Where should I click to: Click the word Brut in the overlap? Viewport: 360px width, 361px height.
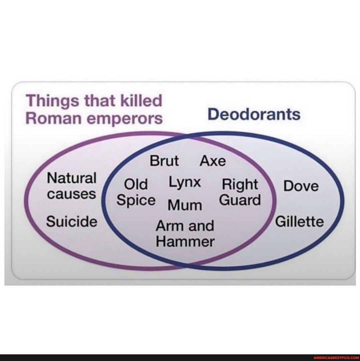pos(164,161)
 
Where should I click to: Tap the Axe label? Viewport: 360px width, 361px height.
pos(213,161)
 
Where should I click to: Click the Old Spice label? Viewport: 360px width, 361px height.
pos(136,192)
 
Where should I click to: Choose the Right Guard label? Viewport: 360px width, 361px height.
pos(241,192)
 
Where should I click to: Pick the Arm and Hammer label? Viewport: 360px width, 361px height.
pos(185,233)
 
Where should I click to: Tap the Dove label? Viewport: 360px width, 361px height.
pos(301,186)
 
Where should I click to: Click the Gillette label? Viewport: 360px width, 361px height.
pos(299,221)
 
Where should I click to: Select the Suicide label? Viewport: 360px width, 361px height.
pos(72,221)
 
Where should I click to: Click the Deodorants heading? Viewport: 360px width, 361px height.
pos(254,114)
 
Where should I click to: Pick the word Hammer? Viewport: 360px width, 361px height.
pos(185,241)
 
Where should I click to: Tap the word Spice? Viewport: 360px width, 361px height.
pos(136,200)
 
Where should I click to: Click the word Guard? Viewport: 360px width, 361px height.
pos(241,200)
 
